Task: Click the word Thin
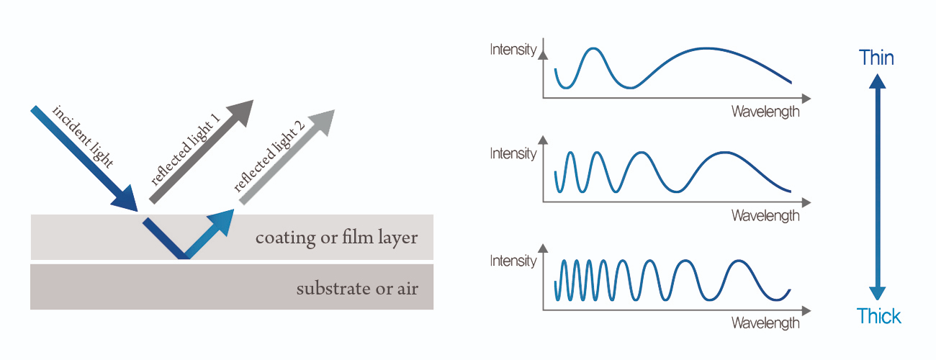pos(876,58)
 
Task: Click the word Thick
pos(878,315)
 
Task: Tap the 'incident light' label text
pos(83,136)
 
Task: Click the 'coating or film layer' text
pos(336,237)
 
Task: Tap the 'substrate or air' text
pos(357,289)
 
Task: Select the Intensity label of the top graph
pos(513,50)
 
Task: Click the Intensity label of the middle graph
pos(513,153)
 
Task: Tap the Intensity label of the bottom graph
pos(513,260)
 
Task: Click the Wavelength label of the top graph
pos(765,112)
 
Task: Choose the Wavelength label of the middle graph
pos(765,215)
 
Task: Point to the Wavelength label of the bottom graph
pos(765,323)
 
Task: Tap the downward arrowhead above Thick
pos(877,292)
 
